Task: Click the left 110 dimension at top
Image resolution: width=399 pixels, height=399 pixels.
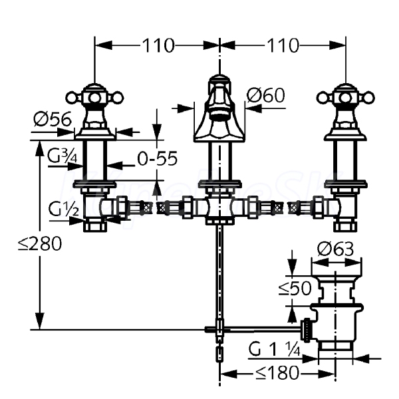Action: coord(158,45)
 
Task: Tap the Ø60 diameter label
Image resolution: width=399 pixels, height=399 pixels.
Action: coord(265,95)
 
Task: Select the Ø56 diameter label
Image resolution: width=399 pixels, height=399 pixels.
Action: coord(53,119)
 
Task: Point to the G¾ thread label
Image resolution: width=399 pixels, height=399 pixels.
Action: coord(63,156)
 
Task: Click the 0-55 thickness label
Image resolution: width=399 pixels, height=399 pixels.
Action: coord(157,158)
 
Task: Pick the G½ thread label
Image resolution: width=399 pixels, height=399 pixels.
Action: coord(63,209)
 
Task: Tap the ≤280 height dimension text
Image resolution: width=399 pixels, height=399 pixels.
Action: coord(40,243)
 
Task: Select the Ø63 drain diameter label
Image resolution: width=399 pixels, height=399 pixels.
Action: coord(335,249)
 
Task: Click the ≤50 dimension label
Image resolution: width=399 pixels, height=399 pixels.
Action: coord(295,289)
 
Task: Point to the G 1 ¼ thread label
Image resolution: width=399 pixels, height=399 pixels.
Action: coord(274,349)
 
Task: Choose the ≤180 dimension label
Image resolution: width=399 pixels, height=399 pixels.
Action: coord(277,373)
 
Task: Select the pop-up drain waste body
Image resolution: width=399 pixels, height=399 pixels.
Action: coord(336,310)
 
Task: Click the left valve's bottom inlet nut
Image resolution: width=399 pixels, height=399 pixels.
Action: coord(95,226)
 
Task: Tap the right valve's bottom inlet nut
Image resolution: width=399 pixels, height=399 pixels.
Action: coord(345,226)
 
